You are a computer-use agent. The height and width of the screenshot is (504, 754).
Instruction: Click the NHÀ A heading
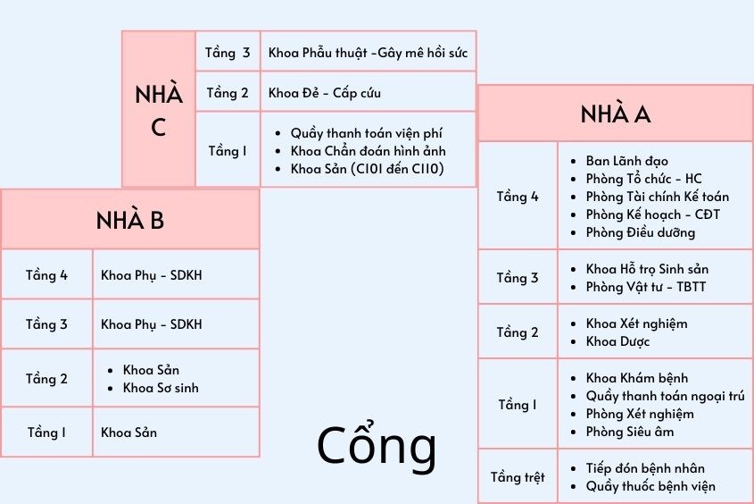coord(615,114)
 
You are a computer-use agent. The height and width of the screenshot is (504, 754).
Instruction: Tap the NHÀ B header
coord(130,220)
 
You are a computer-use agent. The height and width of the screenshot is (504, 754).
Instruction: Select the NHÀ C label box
coord(158,110)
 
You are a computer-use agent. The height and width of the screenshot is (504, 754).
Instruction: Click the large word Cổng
coord(377,447)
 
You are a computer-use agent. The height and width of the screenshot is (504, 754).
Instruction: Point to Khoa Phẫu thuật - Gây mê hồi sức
coord(368,53)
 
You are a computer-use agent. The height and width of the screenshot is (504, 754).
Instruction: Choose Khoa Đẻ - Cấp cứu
coord(325,93)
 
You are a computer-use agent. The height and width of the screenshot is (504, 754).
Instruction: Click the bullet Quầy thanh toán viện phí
coord(366,132)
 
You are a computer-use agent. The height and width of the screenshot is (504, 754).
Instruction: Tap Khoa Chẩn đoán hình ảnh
coord(368,150)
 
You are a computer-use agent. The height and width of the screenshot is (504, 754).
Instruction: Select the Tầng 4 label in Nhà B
coord(46,275)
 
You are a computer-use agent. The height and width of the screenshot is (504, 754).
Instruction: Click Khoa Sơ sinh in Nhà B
coord(161,388)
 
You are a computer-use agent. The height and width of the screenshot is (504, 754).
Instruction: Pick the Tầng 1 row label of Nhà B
coord(46,433)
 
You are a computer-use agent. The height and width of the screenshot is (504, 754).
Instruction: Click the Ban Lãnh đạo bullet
coord(626,161)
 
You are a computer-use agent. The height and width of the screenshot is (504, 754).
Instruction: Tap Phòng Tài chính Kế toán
coord(657,197)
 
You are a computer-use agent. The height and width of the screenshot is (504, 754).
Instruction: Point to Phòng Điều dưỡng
coord(640,232)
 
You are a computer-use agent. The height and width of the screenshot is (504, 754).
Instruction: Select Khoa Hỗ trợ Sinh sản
coord(647,269)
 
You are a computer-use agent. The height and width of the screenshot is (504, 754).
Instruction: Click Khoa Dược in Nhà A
coord(617,341)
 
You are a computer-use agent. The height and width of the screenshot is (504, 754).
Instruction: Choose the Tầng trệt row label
coord(518,477)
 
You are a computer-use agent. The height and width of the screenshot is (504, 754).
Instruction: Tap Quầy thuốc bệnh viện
coord(650,486)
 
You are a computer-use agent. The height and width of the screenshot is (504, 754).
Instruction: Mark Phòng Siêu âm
coord(629,432)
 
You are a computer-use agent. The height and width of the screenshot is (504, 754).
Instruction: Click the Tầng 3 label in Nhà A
coord(518,278)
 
